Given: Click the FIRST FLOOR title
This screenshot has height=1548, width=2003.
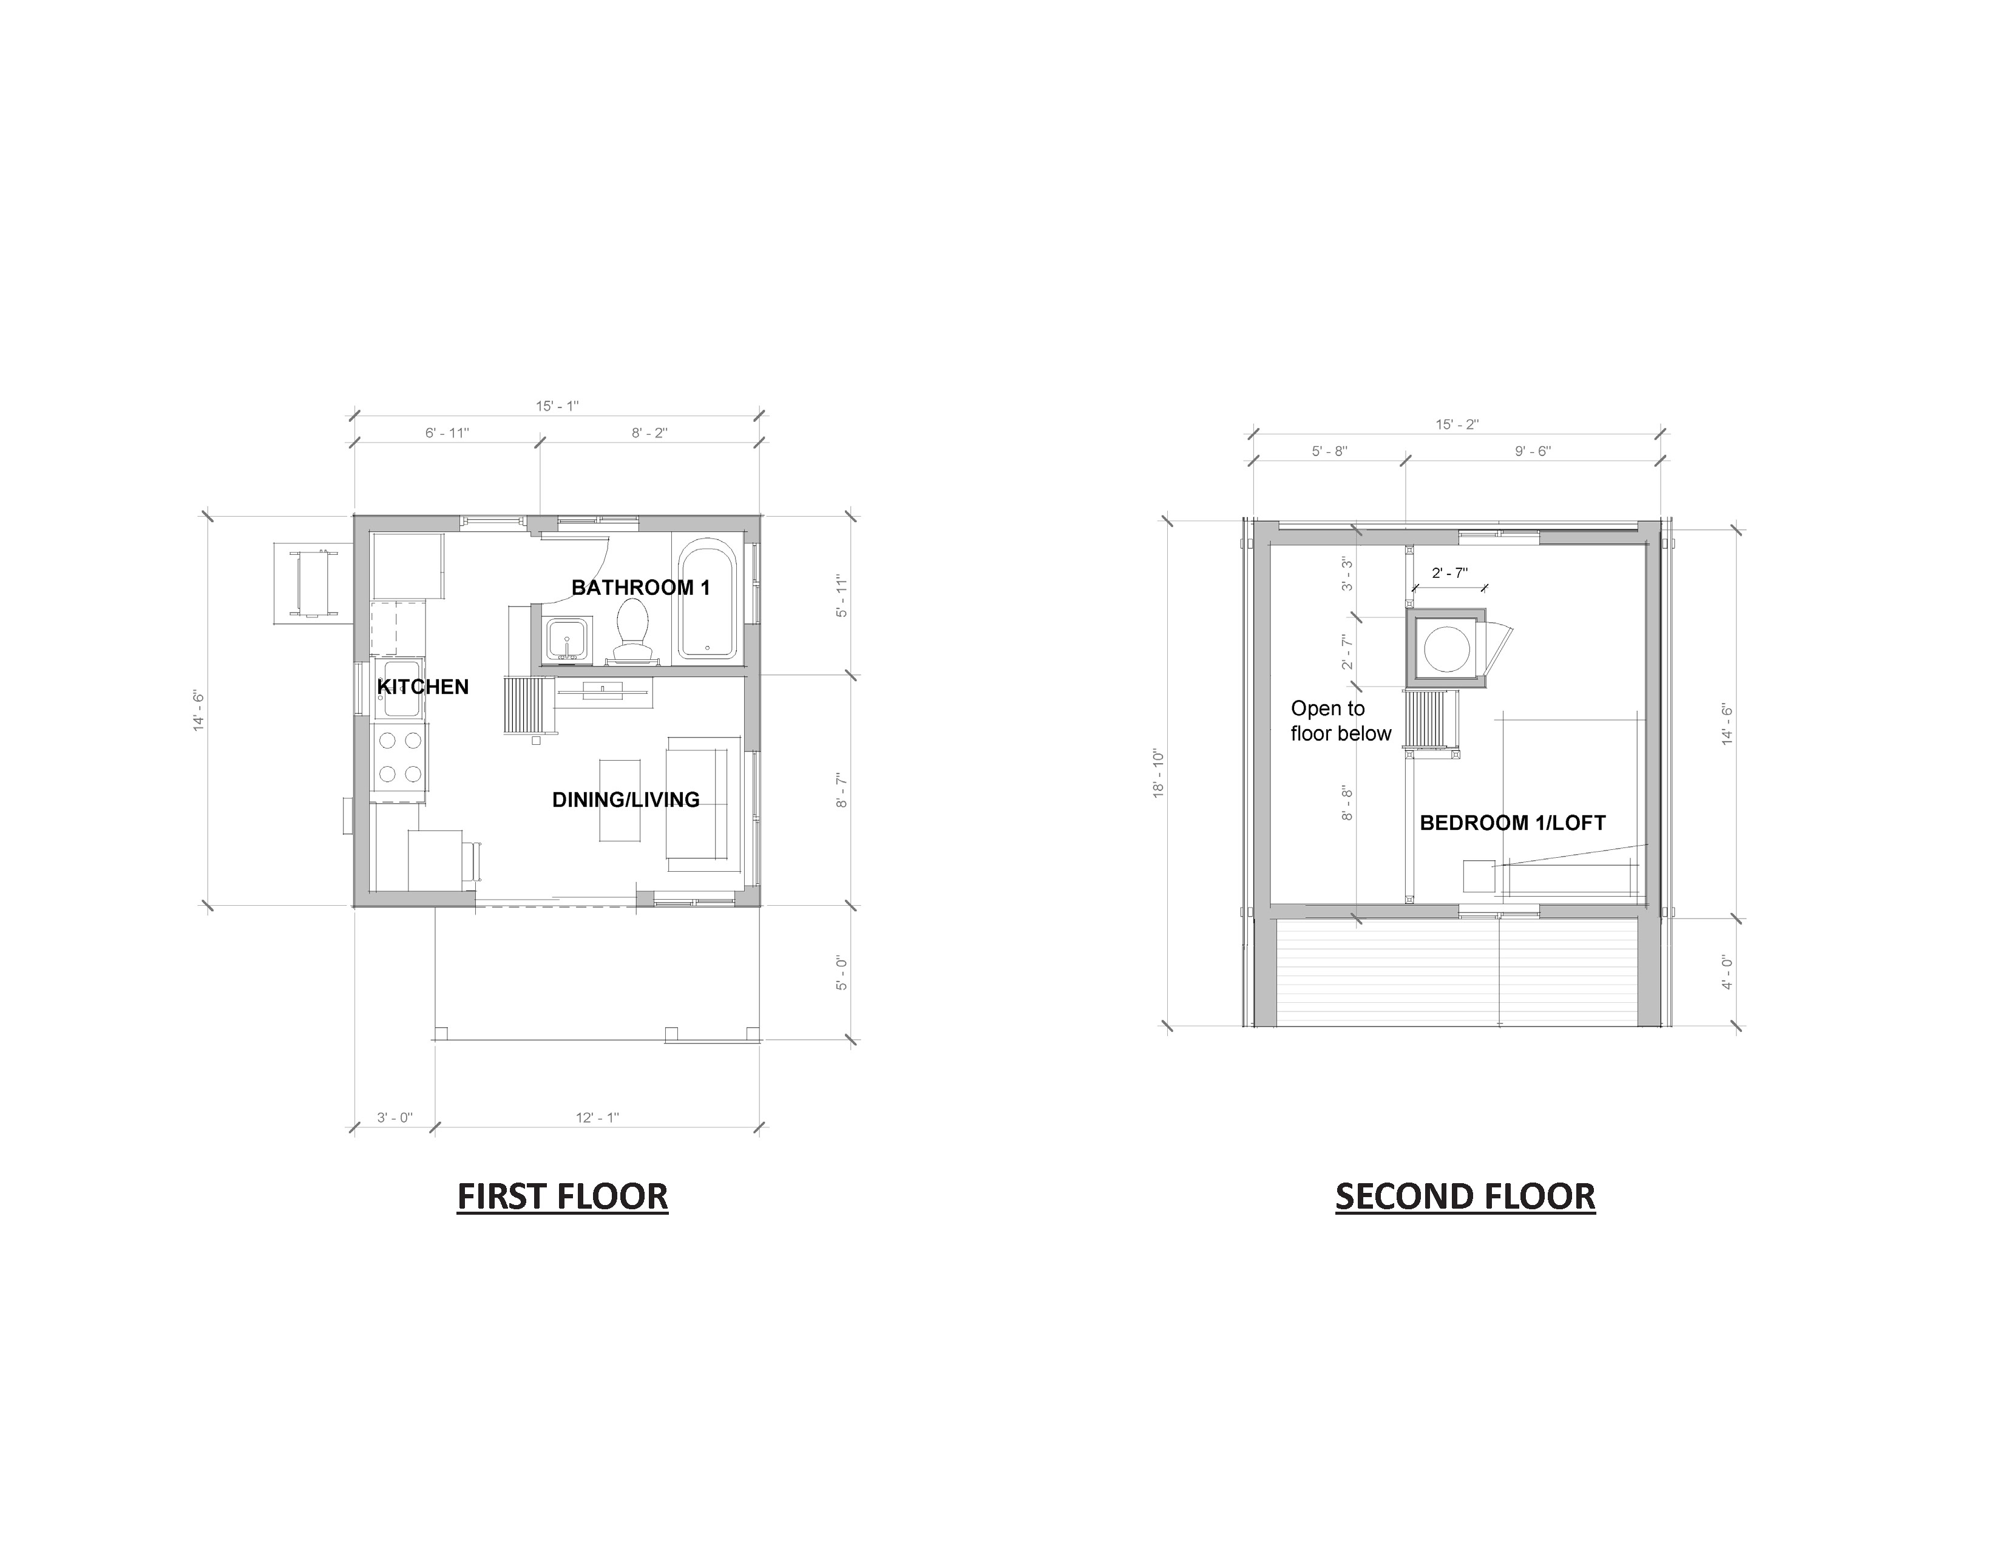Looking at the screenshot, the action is pyautogui.click(x=562, y=1197).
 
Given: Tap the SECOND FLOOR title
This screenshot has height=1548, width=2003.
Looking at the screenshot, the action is pyautogui.click(x=1465, y=1197).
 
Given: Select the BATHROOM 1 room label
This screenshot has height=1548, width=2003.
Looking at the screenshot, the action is pyautogui.click(x=640, y=588).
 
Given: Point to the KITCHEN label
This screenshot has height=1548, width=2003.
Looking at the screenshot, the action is pyautogui.click(x=423, y=687).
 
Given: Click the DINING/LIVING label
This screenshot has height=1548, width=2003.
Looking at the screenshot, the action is pyautogui.click(x=625, y=799).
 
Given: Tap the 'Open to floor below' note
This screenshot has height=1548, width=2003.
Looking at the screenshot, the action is pyautogui.click(x=1341, y=721).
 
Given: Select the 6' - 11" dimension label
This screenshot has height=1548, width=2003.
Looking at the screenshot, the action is pyautogui.click(x=447, y=433).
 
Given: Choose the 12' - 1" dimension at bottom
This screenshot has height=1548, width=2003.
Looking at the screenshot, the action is pyautogui.click(x=597, y=1118).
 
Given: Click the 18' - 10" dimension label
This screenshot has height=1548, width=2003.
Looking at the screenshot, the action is pyautogui.click(x=1158, y=774).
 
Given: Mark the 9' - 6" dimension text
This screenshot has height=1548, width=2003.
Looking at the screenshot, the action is pyautogui.click(x=1533, y=451).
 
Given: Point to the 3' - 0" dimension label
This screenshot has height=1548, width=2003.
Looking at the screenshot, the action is pyautogui.click(x=395, y=1118).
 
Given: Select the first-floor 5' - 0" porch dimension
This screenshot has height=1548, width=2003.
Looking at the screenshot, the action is pyautogui.click(x=842, y=973).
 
